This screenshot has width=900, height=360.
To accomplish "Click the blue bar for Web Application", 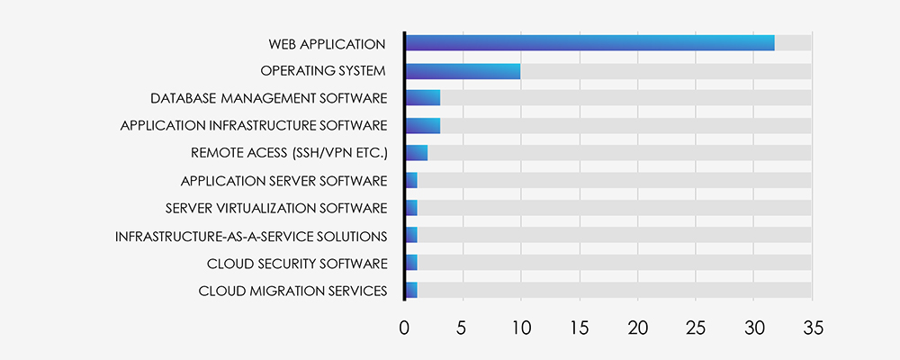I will [589, 43].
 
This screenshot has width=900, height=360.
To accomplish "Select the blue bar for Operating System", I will [463, 71].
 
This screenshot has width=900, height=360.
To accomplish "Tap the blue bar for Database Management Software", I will [423, 98].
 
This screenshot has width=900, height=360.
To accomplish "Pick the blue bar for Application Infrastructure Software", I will [423, 125].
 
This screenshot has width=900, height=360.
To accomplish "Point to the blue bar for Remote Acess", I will [417, 153].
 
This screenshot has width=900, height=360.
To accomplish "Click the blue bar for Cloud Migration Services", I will [411, 290].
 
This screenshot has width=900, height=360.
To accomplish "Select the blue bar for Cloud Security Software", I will [411, 263].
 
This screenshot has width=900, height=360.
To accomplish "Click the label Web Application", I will [327, 43].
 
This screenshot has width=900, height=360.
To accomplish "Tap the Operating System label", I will [323, 71].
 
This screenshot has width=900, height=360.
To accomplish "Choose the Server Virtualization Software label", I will [276, 209].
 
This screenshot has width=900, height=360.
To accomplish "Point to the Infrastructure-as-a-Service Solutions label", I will [251, 236].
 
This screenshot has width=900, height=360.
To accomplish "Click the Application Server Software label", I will [283, 181].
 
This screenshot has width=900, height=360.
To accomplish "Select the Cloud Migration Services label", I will [292, 291].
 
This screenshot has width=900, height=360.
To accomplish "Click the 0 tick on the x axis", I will [404, 328].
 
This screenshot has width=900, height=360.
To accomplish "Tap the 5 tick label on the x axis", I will [461, 328].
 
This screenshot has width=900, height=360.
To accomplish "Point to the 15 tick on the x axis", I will [580, 328].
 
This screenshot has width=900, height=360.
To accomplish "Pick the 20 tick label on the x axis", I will [638, 328].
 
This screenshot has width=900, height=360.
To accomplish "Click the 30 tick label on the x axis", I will [754, 328].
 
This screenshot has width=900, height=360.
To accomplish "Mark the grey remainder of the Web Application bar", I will [793, 43].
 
